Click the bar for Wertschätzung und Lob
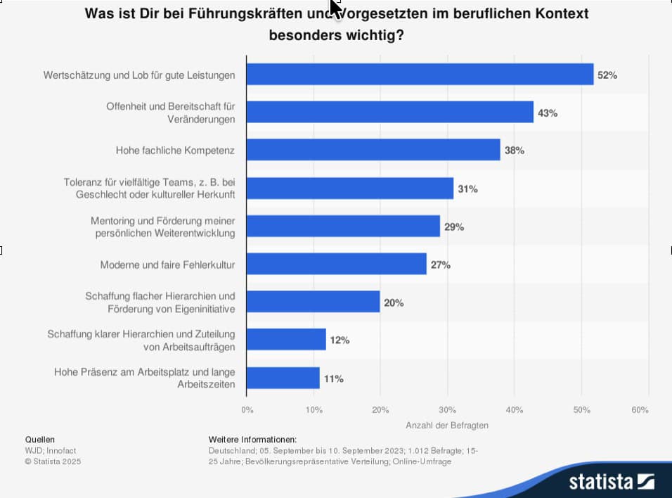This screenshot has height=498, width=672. tap(420, 75)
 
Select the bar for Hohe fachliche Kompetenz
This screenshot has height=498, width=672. tap(373, 150)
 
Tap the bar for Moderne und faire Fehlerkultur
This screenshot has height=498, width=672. tap(337, 264)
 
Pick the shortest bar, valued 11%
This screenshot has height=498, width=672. tap(283, 378)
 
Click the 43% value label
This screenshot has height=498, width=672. tap(548, 113)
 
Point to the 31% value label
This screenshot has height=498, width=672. tap(468, 189)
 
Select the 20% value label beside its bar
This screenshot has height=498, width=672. tap(394, 303)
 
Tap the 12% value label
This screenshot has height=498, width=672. tap(340, 340)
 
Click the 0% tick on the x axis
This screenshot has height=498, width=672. tap(247, 409)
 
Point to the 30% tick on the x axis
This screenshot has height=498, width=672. tap(447, 409)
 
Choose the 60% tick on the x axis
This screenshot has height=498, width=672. tap(640, 409)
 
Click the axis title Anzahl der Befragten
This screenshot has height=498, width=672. tap(446, 426)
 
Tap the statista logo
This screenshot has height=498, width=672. tap(611, 482)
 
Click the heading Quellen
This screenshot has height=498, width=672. tap(39, 439)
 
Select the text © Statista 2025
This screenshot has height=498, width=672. tap(53, 461)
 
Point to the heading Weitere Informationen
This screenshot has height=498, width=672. tap(253, 439)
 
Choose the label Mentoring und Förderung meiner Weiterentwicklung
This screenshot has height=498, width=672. tap(163, 226)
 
